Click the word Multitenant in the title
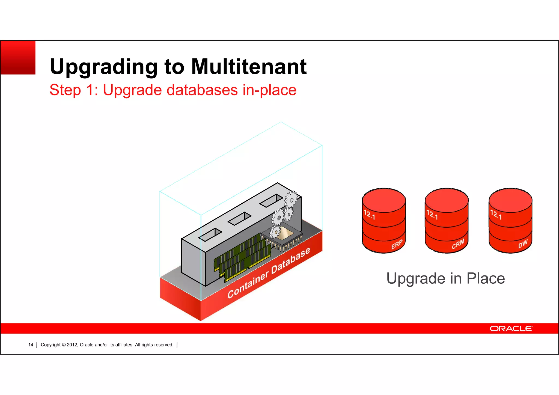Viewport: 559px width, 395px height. [x=249, y=67]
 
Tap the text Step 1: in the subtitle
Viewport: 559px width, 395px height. [x=74, y=90]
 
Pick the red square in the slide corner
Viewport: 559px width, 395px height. [x=18, y=58]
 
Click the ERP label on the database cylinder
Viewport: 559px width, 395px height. [x=397, y=245]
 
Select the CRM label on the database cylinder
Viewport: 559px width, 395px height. [x=458, y=244]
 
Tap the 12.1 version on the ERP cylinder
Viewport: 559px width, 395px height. [x=369, y=215]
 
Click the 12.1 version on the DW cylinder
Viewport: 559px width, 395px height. [x=496, y=215]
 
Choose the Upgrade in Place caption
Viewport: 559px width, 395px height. [x=445, y=278]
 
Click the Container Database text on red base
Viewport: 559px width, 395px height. [x=269, y=273]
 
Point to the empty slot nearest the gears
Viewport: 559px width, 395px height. [x=271, y=200]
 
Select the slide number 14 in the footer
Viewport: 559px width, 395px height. [x=31, y=345]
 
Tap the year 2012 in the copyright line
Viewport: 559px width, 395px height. [x=72, y=345]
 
